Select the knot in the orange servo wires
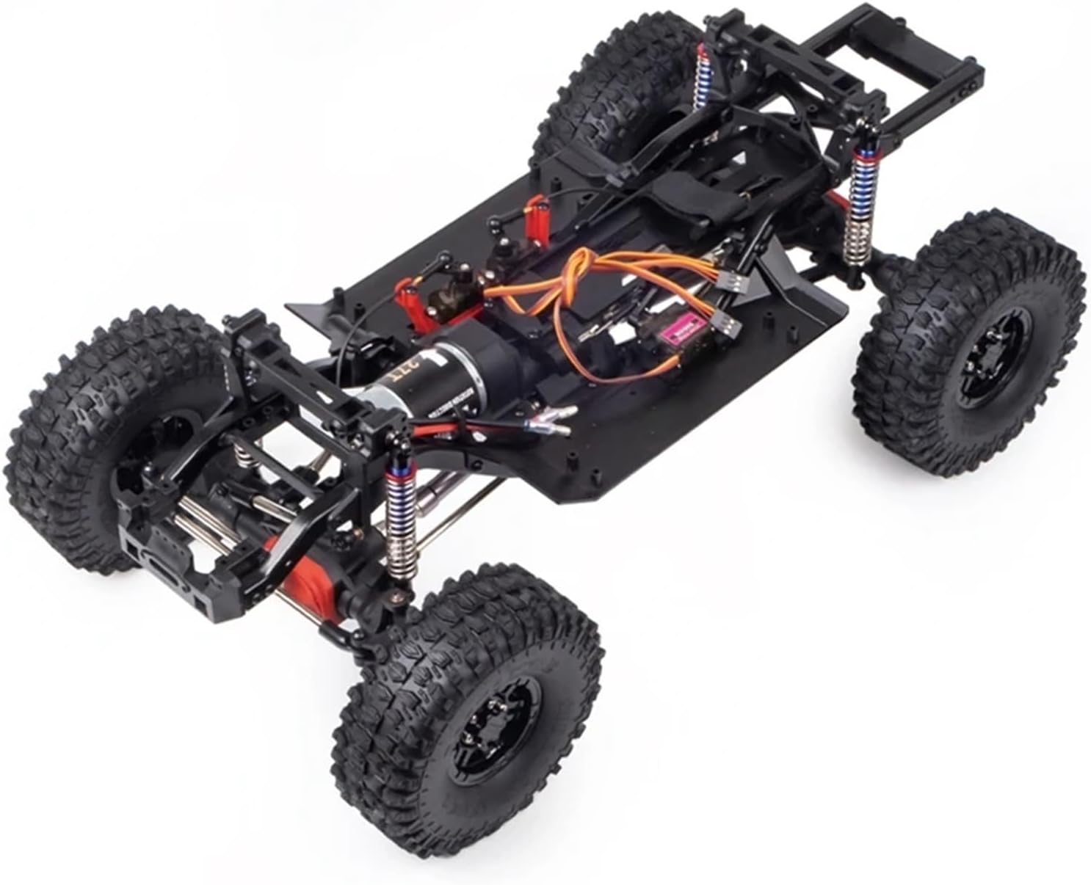[580, 268]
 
